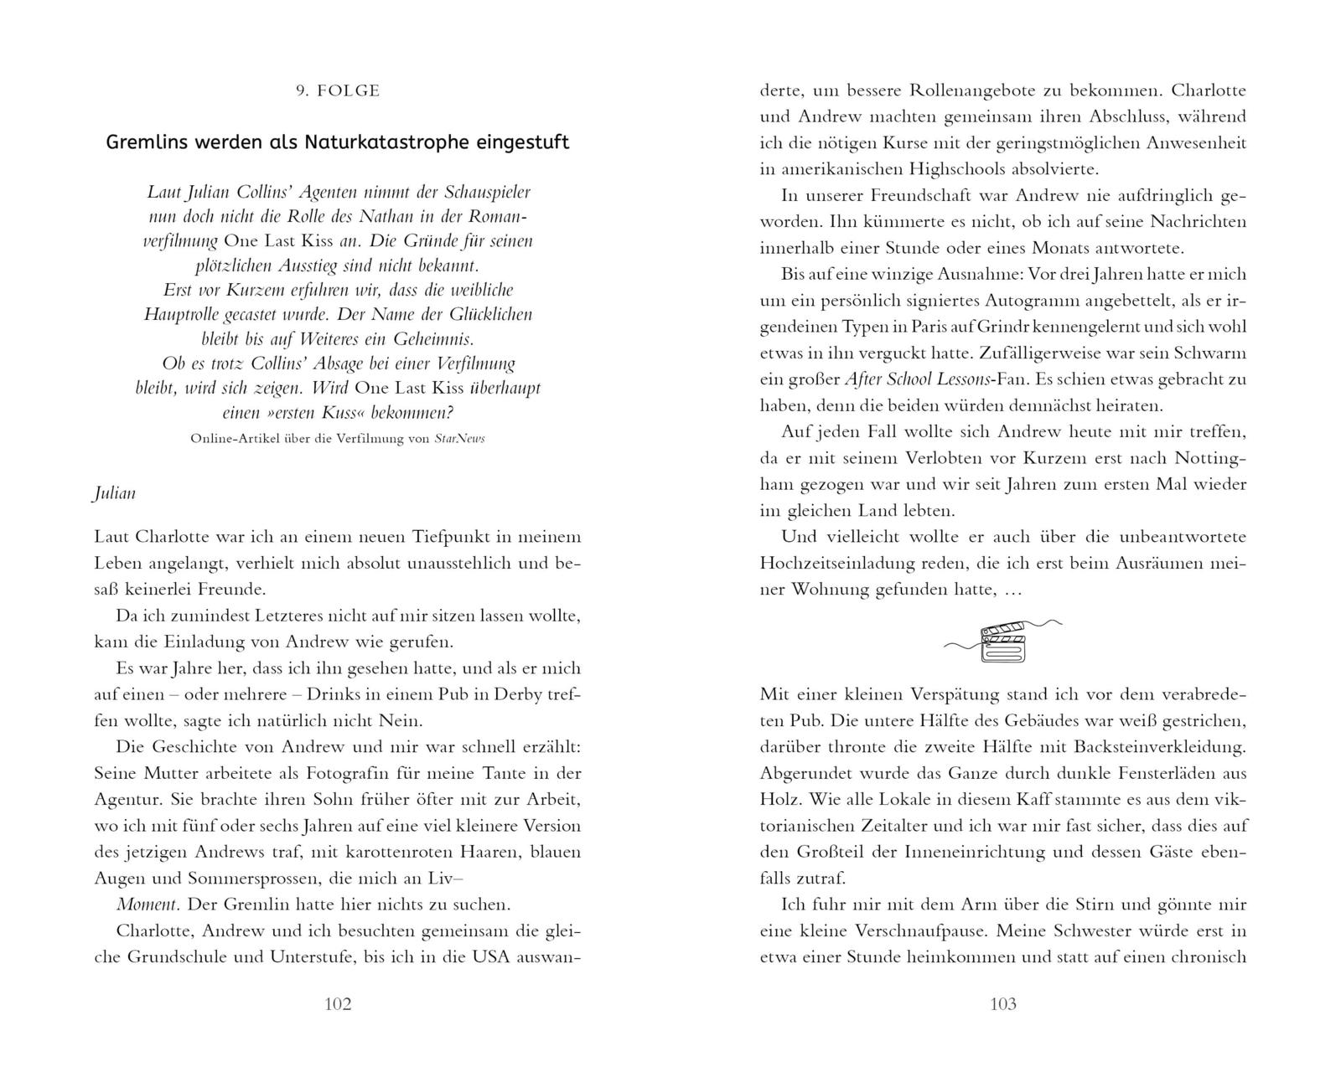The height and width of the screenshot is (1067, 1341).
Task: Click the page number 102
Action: [x=338, y=1004]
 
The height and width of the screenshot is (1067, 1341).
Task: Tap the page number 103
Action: [x=1003, y=1004]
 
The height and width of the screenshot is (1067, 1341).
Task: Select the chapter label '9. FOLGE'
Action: [x=338, y=90]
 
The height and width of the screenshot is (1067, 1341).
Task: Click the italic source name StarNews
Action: [x=459, y=438]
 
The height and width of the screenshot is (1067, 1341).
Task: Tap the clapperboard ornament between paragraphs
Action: [x=1003, y=642]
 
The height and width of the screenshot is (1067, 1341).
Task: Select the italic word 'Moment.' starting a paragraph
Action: [x=147, y=905]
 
